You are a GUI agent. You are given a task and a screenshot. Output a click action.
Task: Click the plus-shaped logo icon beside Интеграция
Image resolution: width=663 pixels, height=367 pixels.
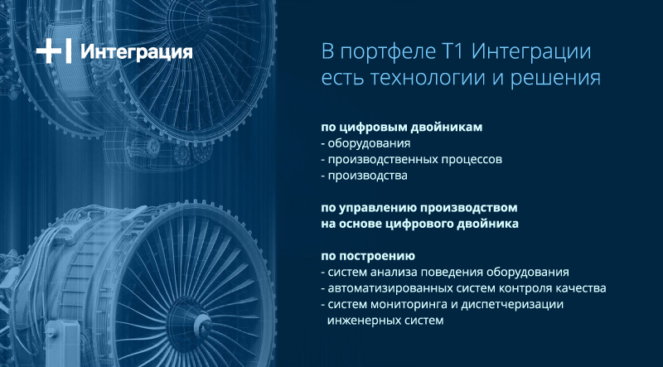click(x=53, y=52)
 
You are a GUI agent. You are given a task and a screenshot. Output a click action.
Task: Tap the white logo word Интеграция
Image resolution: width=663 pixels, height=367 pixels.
click(x=137, y=52)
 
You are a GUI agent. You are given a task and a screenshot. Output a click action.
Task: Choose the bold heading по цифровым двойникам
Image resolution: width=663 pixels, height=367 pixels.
click(x=401, y=128)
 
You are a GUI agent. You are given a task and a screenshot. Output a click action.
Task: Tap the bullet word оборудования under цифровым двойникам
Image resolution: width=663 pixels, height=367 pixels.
click(x=369, y=144)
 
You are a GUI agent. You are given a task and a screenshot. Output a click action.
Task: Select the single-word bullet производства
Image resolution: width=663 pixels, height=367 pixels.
click(x=367, y=176)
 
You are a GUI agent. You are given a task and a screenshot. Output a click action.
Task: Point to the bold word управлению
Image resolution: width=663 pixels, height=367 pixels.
click(x=375, y=209)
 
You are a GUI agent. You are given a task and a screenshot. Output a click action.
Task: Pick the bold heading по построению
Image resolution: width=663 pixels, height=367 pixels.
click(x=368, y=257)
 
